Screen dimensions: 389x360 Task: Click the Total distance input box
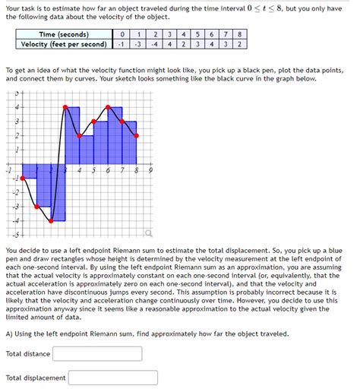coord(97,353)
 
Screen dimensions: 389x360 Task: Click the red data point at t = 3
coord(65,108)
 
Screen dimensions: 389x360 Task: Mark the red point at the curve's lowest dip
coord(51,221)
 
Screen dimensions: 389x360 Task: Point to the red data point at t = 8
coord(137,135)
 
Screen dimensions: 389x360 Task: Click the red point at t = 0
coord(22,179)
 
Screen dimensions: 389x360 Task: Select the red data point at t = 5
coord(93,122)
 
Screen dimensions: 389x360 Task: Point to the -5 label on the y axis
coord(13,235)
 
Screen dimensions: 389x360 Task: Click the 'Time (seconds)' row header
coord(65,34)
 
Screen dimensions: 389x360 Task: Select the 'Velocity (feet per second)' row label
coord(65,44)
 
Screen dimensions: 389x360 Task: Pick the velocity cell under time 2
coord(153,44)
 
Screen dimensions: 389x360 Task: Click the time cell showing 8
coord(240,34)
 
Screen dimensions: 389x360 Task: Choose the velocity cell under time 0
coord(121,44)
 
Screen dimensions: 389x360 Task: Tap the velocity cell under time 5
coord(197,44)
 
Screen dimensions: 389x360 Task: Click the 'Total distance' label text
coord(28,353)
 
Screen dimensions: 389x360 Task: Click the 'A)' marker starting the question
coord(9,334)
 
